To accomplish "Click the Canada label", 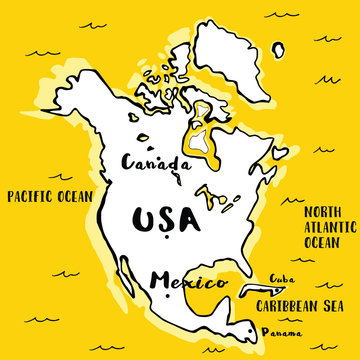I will (x=155, y=162).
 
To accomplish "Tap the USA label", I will (x=160, y=219).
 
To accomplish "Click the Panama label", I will (x=279, y=331).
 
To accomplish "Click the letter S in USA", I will (x=160, y=219).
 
